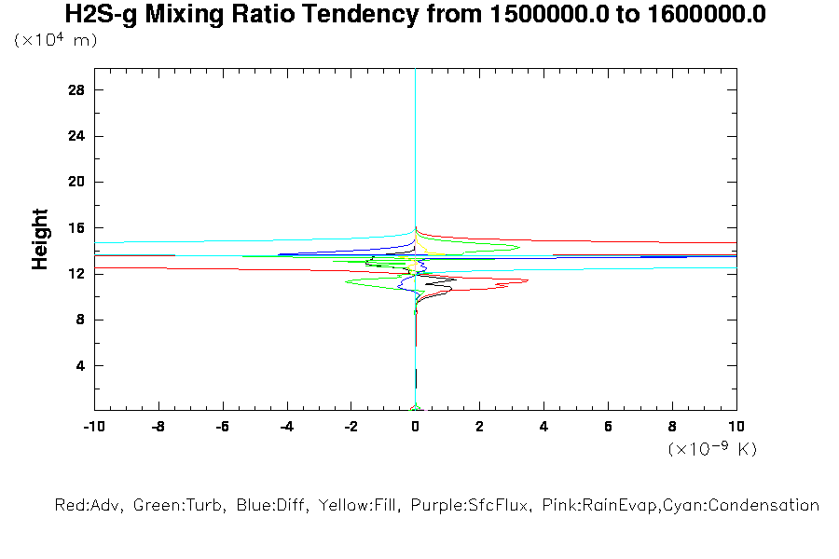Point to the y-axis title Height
click(x=40, y=239)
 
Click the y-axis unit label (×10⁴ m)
click(x=56, y=40)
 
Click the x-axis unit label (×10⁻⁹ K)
click(x=712, y=449)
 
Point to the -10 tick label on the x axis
click(x=93, y=426)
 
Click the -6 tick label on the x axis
click(x=222, y=426)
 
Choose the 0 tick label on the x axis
click(x=415, y=426)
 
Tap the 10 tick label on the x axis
click(x=736, y=426)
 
